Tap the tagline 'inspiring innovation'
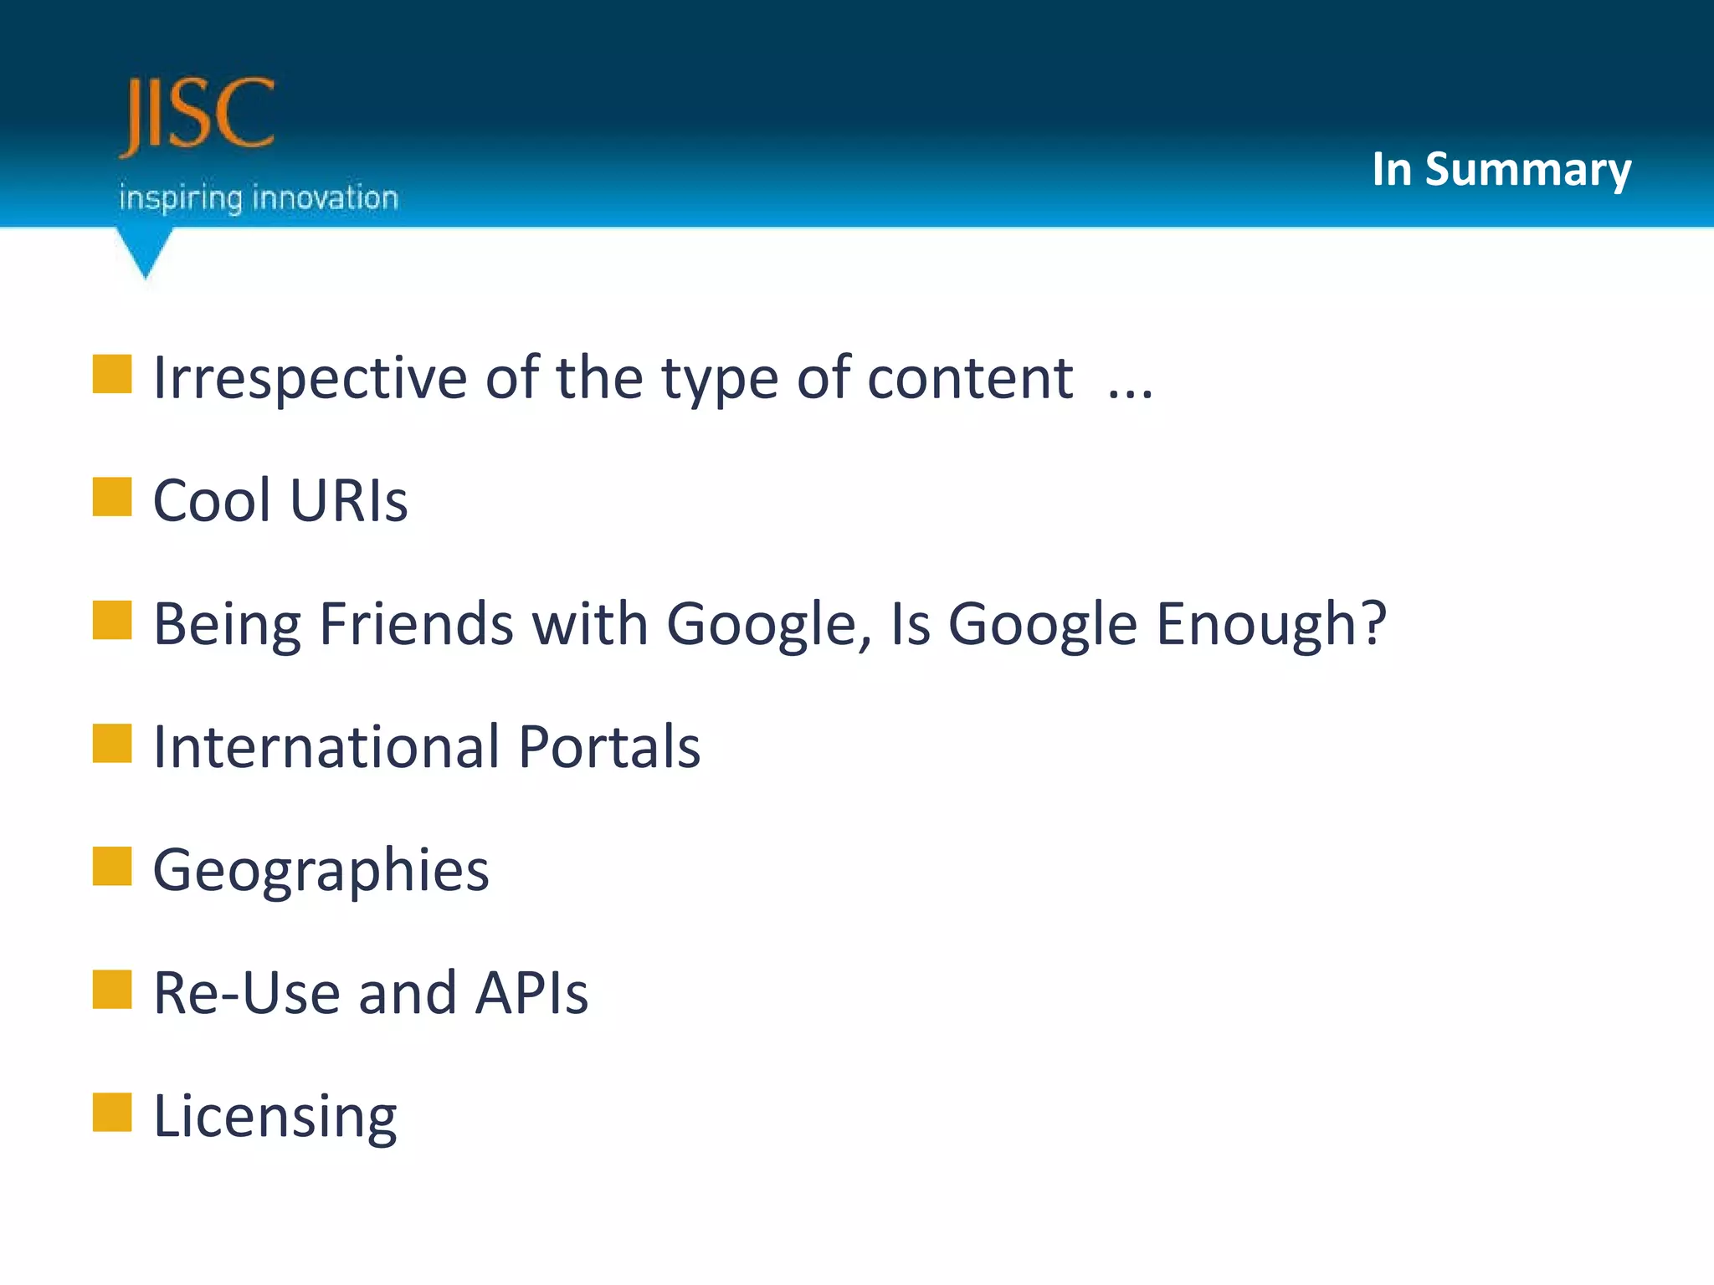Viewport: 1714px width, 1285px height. pyautogui.click(x=259, y=198)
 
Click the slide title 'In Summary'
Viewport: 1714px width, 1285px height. pyautogui.click(x=1501, y=170)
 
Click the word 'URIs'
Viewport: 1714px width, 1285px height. pyautogui.click(x=349, y=501)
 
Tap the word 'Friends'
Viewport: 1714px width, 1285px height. pyautogui.click(x=416, y=624)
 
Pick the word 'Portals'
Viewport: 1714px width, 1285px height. pyautogui.click(x=609, y=746)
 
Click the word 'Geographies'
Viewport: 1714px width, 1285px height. pyautogui.click(x=321, y=871)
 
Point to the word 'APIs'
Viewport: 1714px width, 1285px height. pyautogui.click(x=531, y=993)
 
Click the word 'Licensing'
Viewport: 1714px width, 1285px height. pyautogui.click(x=275, y=1117)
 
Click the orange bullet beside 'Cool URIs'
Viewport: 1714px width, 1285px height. pyautogui.click(x=112, y=497)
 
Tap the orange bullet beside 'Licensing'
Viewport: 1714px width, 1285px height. pyautogui.click(x=112, y=1112)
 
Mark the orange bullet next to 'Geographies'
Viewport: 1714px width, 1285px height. pyautogui.click(x=112, y=866)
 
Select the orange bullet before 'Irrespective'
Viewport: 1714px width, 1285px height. pyautogui.click(x=112, y=374)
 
